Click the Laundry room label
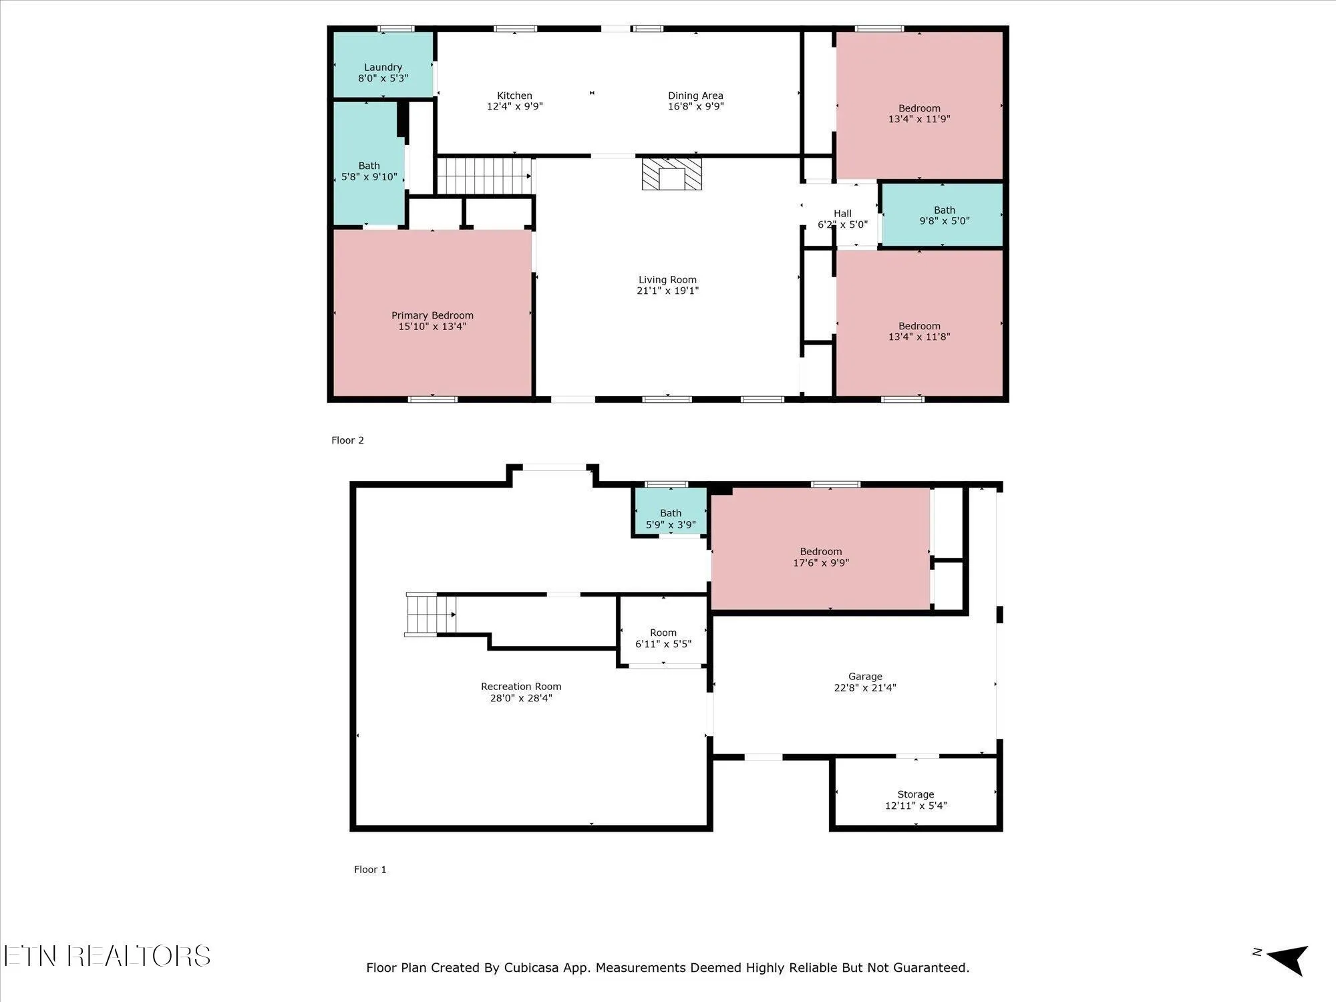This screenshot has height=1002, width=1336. (383, 67)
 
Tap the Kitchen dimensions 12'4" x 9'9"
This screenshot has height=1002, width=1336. (514, 106)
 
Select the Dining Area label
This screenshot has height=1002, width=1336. (695, 96)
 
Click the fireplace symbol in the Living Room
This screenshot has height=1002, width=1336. (672, 174)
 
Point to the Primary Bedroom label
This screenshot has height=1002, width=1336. (432, 315)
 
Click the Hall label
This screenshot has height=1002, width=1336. (842, 214)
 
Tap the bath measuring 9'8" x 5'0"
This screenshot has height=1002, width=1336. (943, 214)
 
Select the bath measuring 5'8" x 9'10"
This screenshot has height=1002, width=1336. (369, 164)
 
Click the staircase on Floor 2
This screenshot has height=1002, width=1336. (484, 176)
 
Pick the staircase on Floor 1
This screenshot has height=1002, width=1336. (431, 614)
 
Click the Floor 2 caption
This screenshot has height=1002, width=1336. (347, 440)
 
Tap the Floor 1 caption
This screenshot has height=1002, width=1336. (370, 869)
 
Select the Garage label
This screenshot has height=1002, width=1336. (865, 676)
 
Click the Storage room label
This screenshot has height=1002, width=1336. (915, 794)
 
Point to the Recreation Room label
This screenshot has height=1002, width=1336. (521, 686)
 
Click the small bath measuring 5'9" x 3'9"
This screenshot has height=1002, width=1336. (670, 511)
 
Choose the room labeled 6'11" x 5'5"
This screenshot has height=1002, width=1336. (663, 631)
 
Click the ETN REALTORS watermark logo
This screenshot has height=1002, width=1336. (107, 956)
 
